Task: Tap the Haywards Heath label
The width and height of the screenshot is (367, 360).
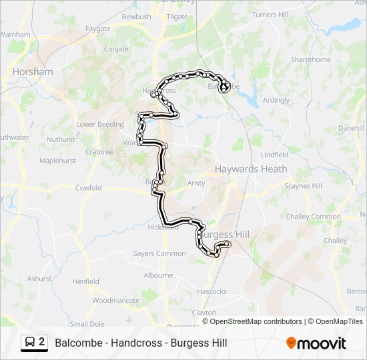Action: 251,169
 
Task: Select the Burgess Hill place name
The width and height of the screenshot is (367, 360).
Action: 225,235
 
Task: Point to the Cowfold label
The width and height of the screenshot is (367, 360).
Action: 88,188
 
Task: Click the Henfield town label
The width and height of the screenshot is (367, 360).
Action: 85,281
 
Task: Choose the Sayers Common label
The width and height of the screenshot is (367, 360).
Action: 159,253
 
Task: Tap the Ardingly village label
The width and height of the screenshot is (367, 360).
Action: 276,101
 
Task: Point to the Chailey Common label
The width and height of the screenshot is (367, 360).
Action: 313,217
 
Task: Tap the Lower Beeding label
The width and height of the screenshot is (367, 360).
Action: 100,124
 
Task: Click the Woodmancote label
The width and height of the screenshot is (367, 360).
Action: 115,300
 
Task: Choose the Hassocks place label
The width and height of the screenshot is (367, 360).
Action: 212,291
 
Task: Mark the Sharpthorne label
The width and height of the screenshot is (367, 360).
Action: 310,59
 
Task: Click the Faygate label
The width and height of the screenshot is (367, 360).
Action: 98,29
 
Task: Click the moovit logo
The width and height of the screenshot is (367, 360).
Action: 316,343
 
